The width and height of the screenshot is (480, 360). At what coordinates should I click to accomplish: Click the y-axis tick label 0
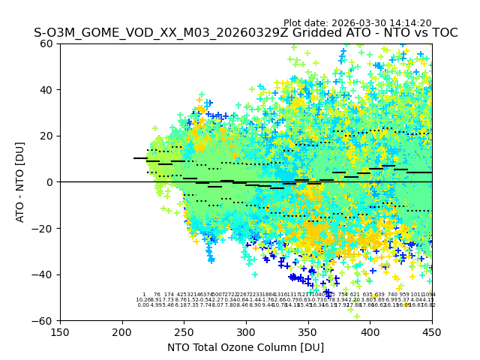tap(51, 182)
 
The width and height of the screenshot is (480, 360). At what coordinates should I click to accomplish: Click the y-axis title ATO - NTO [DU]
tap(20, 181)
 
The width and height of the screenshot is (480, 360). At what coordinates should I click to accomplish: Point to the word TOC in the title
tap(444, 33)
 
